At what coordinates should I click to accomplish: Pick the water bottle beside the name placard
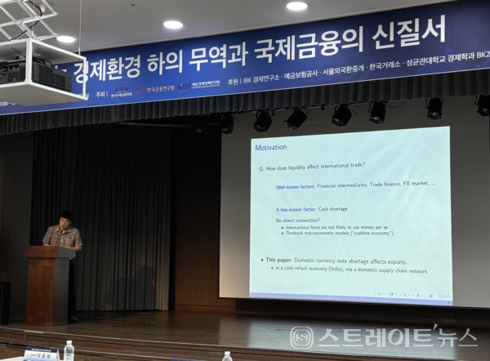point(69,350)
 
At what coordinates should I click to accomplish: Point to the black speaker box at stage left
point(5,301)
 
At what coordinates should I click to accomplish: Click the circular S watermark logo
point(302,336)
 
